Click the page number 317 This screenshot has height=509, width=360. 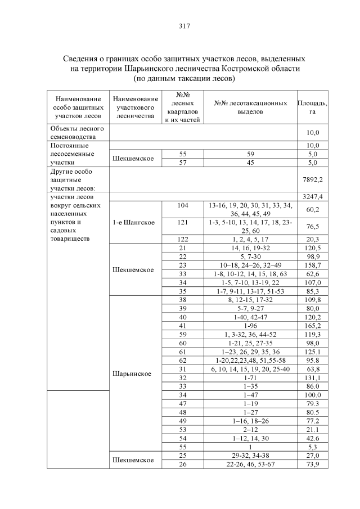(179, 26)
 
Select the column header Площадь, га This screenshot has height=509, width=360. (313, 107)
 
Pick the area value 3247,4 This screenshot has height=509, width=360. (313, 197)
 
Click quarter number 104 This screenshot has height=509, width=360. (182, 206)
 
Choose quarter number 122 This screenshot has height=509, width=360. (182, 238)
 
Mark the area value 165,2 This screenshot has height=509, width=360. (313, 325)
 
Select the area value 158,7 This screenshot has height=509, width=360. (313, 264)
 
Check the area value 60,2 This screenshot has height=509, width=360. (313, 210)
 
